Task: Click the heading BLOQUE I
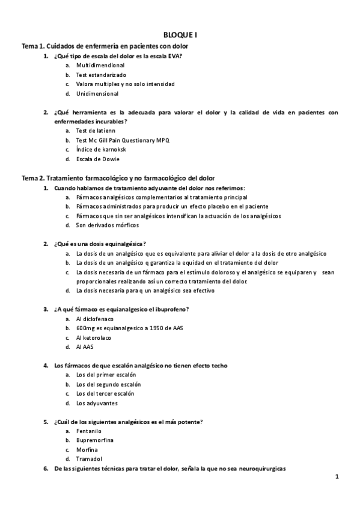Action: pyautogui.click(x=180, y=35)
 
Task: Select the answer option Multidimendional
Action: pyautogui.click(x=100, y=65)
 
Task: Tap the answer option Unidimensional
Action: pyautogui.click(x=97, y=94)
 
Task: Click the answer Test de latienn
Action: pyautogui.click(x=96, y=130)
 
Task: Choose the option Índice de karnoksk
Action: pyautogui.click(x=101, y=149)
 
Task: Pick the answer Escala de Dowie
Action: pyautogui.click(x=97, y=159)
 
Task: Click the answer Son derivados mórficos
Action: pyautogui.click(x=107, y=225)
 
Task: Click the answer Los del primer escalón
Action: pyautogui.click(x=102, y=374)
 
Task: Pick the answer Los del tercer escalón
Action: pyautogui.click(x=101, y=393)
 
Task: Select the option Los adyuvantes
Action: pyautogui.click(x=97, y=403)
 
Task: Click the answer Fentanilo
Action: pyautogui.click(x=89, y=431)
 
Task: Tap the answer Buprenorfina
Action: pyautogui.click(x=95, y=440)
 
